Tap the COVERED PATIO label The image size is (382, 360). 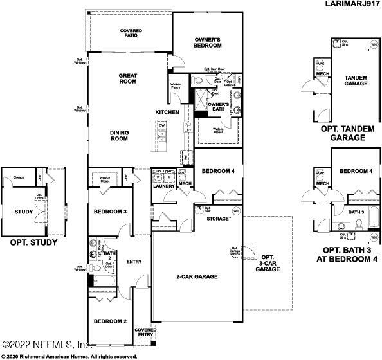point(131,34)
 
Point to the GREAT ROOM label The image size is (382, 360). point(128,78)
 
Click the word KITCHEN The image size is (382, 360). point(167,113)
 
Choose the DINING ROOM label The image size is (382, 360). point(119,136)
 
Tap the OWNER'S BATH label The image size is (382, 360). point(219,107)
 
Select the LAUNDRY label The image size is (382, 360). point(164,186)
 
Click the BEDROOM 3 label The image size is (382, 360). point(109,212)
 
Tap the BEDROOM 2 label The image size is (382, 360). point(110,321)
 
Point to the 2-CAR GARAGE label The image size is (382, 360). point(197,276)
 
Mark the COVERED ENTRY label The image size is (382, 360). point(144,332)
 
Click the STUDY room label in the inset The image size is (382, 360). point(24,212)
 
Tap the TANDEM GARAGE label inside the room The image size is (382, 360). point(356,80)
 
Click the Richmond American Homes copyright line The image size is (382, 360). point(69,355)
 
